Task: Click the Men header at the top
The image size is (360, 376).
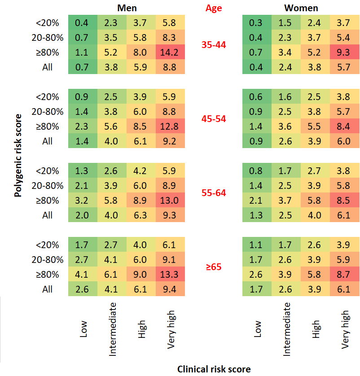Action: (127, 8)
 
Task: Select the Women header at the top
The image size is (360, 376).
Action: (301, 8)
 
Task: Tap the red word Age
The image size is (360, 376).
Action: (214, 8)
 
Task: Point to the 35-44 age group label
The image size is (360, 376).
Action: (214, 45)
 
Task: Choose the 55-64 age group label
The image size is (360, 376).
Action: (214, 193)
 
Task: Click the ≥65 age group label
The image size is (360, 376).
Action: (214, 267)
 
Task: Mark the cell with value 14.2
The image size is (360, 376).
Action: (171, 52)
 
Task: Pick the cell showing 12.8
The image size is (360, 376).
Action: (171, 126)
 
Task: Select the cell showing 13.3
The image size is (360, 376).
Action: (171, 274)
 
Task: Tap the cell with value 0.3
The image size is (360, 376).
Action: (257, 22)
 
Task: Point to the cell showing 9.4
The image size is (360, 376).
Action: (171, 289)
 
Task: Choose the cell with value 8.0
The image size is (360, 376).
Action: (141, 52)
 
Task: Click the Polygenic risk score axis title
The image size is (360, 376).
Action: (18, 155)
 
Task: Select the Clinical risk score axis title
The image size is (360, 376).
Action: (214, 369)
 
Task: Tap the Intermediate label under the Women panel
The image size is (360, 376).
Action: (286, 329)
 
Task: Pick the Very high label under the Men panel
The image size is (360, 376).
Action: (171, 329)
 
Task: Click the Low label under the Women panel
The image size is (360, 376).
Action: (257, 329)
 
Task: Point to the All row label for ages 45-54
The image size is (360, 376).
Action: (48, 141)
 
